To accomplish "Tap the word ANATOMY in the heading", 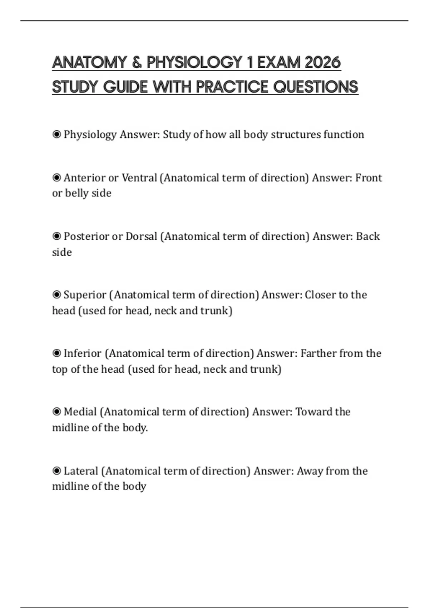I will tap(89, 63).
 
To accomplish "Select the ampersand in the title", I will tap(137, 63).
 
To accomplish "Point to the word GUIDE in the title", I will tap(125, 87).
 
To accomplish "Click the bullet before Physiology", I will tap(56, 134).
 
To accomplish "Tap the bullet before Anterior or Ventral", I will tap(56, 177).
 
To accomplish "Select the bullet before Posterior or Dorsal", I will tap(56, 236).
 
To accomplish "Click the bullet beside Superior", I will tap(56, 295).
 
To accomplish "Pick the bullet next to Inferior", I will tap(56, 353).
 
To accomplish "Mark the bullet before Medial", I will tap(56, 412).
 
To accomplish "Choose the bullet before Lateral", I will tap(56, 471).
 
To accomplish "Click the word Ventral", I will tap(139, 178).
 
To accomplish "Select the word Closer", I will tap(320, 295).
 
